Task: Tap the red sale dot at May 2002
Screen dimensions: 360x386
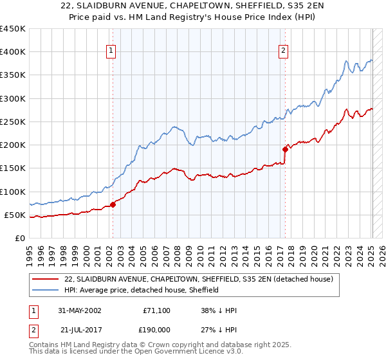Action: pos(113,205)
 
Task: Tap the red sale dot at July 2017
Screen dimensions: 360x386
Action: pos(285,149)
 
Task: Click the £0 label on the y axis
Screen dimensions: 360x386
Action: pos(19,238)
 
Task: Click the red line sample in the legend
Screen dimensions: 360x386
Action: pos(46,279)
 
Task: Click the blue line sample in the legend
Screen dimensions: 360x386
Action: pos(46,290)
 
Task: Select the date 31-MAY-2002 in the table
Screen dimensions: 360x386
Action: pos(79,310)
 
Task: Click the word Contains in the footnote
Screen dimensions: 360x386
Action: pos(45,345)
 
